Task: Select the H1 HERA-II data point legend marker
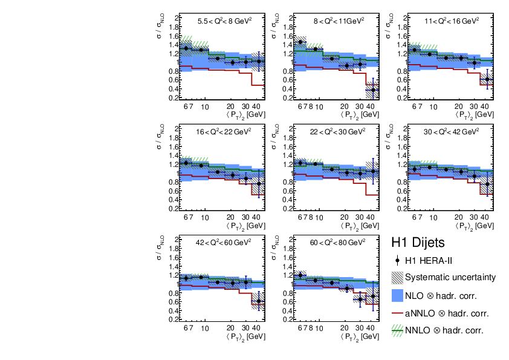(x=397, y=261)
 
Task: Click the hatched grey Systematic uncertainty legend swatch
(x=397, y=278)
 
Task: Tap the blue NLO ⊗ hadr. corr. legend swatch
(x=397, y=296)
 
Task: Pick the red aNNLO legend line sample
(x=397, y=313)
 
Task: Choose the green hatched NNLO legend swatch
(x=397, y=330)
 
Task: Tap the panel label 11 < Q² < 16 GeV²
(x=452, y=20)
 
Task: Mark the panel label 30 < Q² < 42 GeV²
(x=452, y=131)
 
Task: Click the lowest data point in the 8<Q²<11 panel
(x=373, y=90)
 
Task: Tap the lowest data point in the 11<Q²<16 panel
(x=487, y=79)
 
